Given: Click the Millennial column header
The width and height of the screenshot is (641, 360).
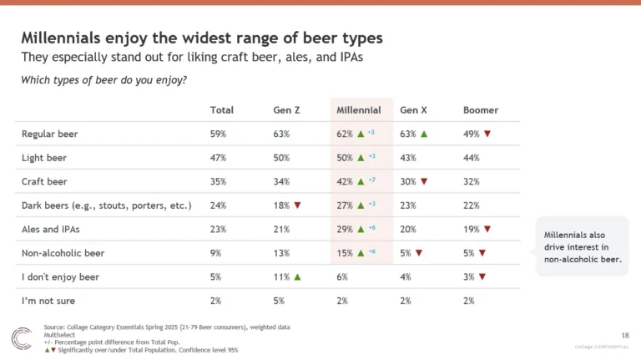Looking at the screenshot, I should (x=358, y=110).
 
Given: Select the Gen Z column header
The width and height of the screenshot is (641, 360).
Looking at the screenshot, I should (x=287, y=110).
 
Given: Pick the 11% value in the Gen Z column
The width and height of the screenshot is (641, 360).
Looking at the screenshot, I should (x=281, y=276).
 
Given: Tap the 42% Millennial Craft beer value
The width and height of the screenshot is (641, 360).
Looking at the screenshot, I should (x=344, y=181).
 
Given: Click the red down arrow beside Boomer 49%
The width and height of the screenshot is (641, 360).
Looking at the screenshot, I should (x=487, y=134).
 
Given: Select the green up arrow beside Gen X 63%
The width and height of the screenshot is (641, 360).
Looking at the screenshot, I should (x=424, y=134).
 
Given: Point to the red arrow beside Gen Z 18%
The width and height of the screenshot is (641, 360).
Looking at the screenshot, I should (x=297, y=205).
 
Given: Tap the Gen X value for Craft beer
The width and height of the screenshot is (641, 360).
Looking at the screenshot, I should (x=408, y=181).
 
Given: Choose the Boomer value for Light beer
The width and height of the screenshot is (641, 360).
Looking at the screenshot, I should (x=472, y=157).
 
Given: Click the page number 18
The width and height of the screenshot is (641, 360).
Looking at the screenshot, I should (x=626, y=334).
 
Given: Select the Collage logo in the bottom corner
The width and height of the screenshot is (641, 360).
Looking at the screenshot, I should (x=21, y=338).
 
